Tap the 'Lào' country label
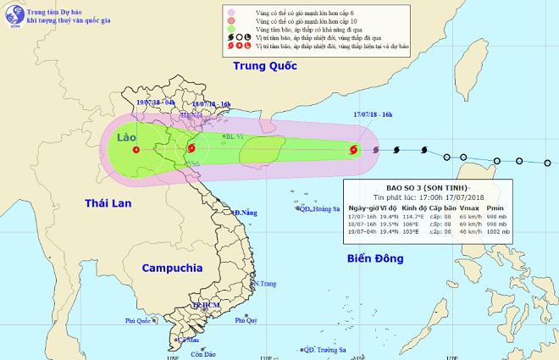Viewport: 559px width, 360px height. [126, 136]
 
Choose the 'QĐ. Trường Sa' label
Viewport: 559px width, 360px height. [322, 350]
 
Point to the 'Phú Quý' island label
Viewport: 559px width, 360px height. [246, 320]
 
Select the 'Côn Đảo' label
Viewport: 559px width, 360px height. [201, 353]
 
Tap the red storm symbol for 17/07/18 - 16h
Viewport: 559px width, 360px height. [353, 151]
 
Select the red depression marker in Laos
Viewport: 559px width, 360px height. [136, 150]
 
